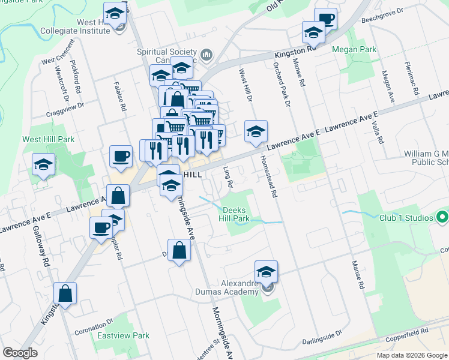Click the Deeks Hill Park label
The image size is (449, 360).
[236, 215]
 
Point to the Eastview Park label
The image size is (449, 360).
[124, 336]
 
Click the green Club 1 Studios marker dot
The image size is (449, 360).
[442, 217]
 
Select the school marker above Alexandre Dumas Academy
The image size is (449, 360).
[267, 272]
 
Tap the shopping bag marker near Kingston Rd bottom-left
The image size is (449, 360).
[65, 294]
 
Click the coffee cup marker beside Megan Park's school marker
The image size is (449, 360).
[325, 19]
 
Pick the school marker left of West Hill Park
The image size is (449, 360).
[44, 164]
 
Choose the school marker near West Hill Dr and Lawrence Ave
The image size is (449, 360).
[256, 131]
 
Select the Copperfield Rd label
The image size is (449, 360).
[408, 331]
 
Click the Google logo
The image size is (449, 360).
[20, 353]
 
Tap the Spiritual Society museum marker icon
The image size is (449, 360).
[206, 56]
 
